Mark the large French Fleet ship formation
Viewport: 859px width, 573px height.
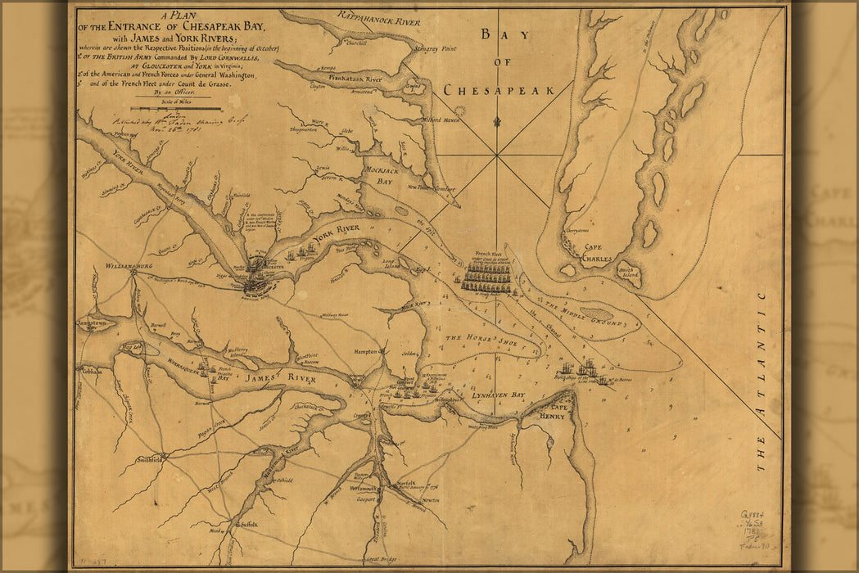point(487,277)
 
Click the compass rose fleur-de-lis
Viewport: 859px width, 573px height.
point(496,123)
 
